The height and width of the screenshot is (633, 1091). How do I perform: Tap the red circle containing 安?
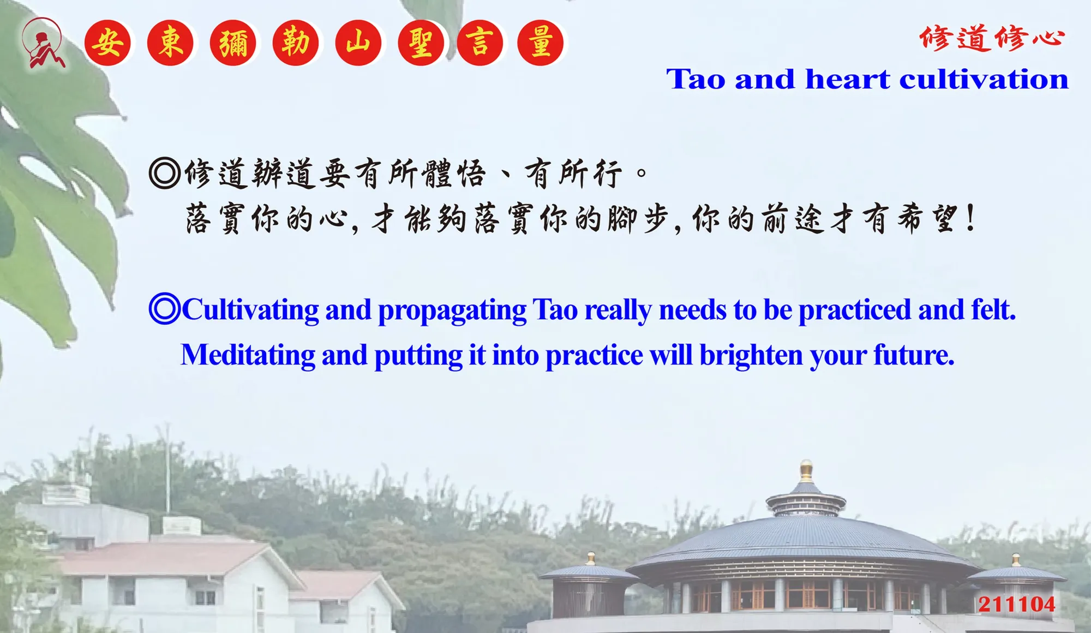coord(107,43)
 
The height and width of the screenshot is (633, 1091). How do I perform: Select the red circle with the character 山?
coord(358,43)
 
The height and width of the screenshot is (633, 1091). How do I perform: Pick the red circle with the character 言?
coord(480,43)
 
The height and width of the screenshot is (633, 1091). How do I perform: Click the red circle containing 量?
coord(540,43)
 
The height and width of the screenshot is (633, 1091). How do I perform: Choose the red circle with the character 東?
coord(170,43)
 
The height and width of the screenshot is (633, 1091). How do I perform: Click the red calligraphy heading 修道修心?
coord(992,38)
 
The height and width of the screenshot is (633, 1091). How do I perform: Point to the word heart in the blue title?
coord(848,79)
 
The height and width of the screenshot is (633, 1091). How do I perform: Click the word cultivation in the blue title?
coord(984,79)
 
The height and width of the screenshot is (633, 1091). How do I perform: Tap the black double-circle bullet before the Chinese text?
coord(164,173)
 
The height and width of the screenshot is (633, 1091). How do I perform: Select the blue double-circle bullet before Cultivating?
coord(164,309)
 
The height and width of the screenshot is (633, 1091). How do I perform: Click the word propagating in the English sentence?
coord(452,310)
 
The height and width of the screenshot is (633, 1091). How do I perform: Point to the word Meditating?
coord(248,355)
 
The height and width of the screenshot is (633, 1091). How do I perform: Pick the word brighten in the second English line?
coord(751,356)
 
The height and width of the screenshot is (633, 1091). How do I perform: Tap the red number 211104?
coord(1017,604)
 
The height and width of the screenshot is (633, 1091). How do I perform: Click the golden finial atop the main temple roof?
coord(806,471)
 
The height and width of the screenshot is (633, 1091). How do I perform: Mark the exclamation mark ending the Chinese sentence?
coord(970,218)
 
